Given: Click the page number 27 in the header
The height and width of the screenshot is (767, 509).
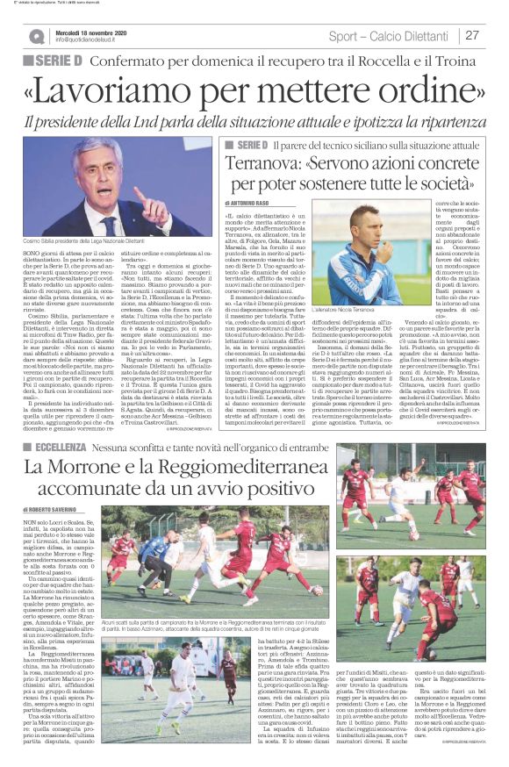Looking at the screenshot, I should point(471,36).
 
